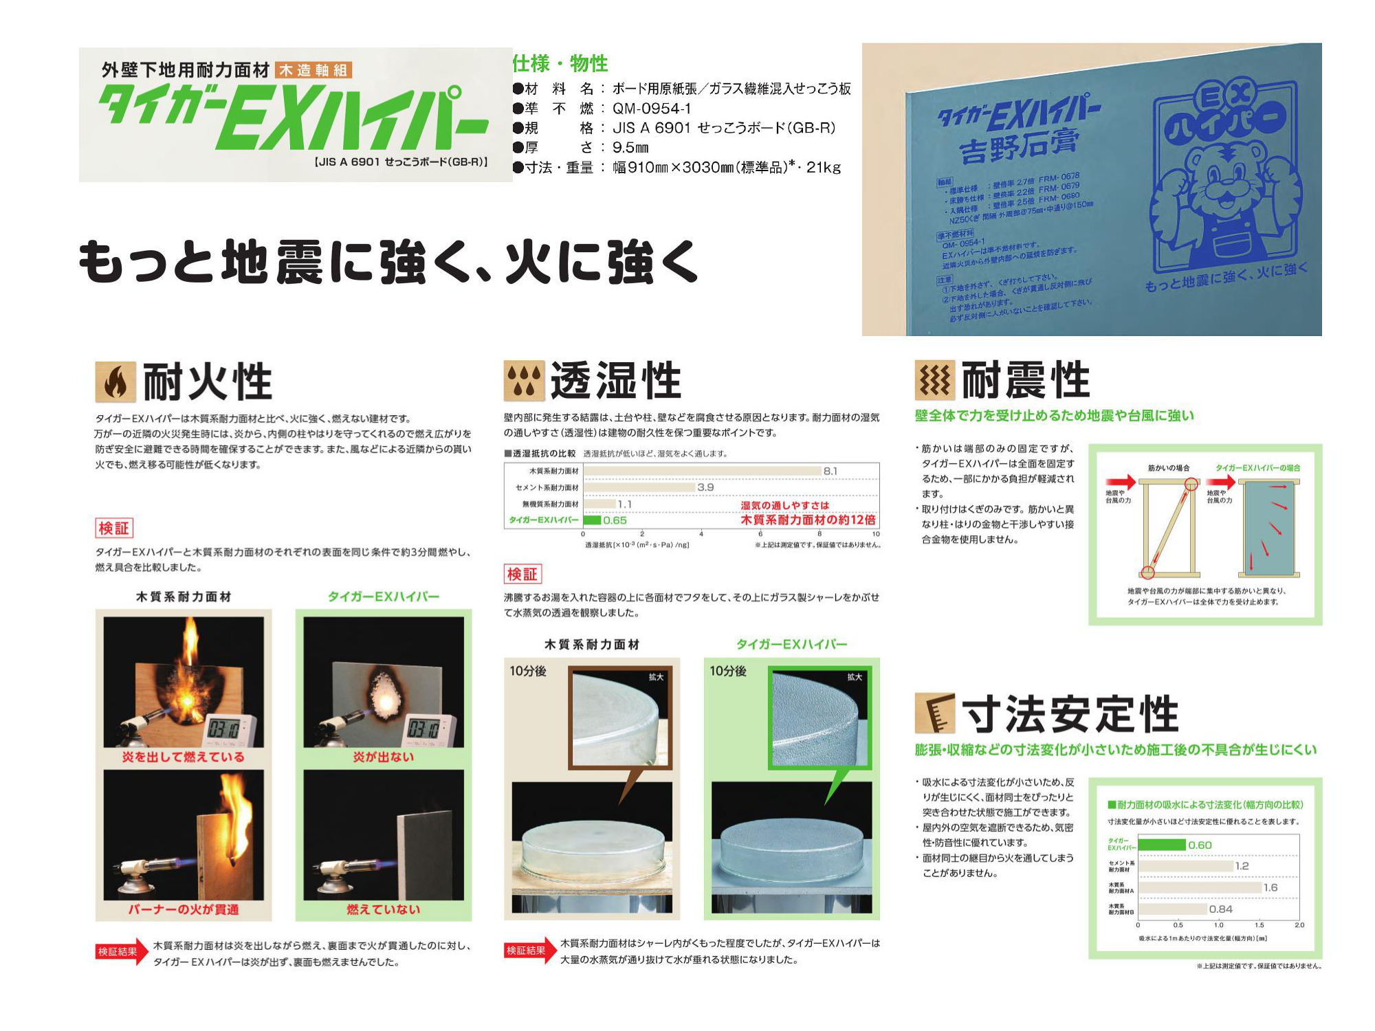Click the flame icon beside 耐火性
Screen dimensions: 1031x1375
pyautogui.click(x=115, y=381)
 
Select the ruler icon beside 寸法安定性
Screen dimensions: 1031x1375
pyautogui.click(x=934, y=713)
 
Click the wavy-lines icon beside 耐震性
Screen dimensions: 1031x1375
pyautogui.click(x=934, y=380)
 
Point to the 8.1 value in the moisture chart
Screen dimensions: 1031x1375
pyautogui.click(x=830, y=471)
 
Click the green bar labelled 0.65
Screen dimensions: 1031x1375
pyautogui.click(x=592, y=520)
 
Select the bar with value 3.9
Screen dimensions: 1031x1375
pyautogui.click(x=639, y=487)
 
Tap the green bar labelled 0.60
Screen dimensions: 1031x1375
pyautogui.click(x=1162, y=845)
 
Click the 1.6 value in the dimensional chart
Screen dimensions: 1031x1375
pyautogui.click(x=1270, y=887)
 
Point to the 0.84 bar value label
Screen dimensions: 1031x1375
pyautogui.click(x=1221, y=909)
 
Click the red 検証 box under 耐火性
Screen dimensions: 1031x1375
pyautogui.click(x=113, y=528)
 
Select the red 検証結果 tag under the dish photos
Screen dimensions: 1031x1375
pyautogui.click(x=526, y=951)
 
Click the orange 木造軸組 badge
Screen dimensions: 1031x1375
pyautogui.click(x=313, y=70)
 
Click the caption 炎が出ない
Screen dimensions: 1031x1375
pyautogui.click(x=383, y=757)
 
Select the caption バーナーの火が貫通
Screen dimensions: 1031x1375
pyautogui.click(x=183, y=909)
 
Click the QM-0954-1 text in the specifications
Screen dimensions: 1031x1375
pyautogui.click(x=652, y=109)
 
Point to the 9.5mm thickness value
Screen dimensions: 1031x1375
pyautogui.click(x=630, y=148)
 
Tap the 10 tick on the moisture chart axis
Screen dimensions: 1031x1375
pyautogui.click(x=875, y=534)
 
